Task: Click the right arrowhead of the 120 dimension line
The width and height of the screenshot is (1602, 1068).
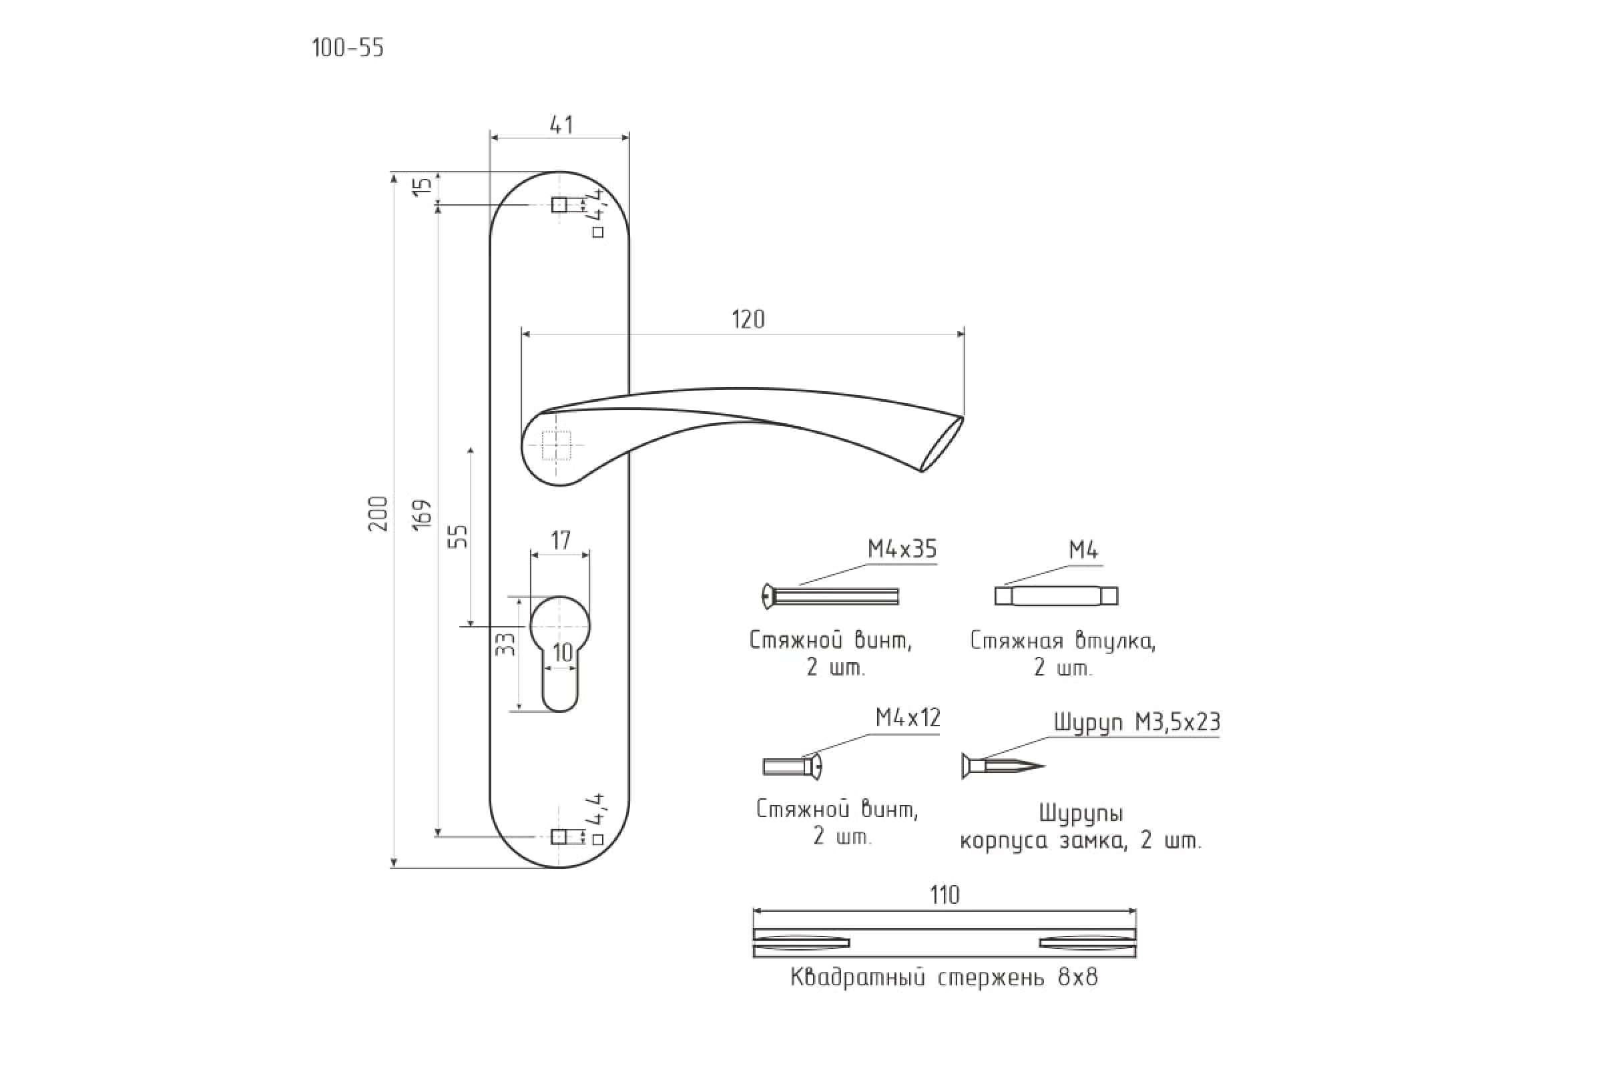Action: click(x=961, y=334)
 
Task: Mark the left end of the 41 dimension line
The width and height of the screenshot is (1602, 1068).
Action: click(x=491, y=138)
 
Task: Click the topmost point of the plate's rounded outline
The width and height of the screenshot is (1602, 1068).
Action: click(x=559, y=171)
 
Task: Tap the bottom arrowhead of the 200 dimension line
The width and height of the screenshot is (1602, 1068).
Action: click(x=394, y=863)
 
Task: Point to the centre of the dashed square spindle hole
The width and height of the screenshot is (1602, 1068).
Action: click(x=557, y=445)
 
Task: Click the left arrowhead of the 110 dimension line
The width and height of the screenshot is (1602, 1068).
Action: click(x=758, y=911)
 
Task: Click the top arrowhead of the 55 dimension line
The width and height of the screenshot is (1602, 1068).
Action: click(x=470, y=453)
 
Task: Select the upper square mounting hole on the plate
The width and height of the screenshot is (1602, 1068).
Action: click(x=559, y=204)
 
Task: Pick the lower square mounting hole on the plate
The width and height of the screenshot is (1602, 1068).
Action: click(x=559, y=836)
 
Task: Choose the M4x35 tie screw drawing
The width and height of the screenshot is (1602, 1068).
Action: click(x=830, y=597)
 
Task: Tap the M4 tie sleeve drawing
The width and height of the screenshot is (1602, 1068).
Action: click(x=1056, y=596)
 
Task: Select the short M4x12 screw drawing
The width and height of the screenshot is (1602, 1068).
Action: click(x=792, y=767)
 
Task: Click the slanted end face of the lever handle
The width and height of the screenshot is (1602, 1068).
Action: click(x=943, y=444)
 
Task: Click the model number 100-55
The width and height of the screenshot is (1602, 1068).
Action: click(x=347, y=47)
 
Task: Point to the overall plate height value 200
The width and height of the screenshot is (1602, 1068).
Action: click(x=378, y=513)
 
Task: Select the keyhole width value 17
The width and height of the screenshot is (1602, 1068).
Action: click(x=561, y=540)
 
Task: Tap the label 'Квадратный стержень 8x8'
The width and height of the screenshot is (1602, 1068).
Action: click(x=944, y=978)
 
